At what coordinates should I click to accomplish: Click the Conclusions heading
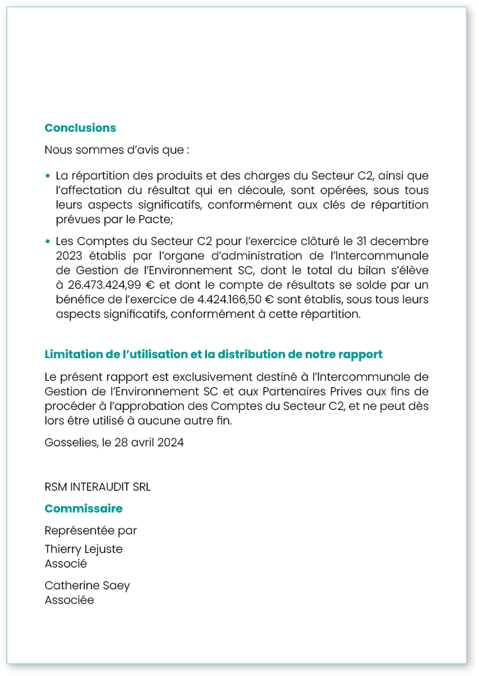pos(80,128)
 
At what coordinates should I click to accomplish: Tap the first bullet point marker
pos(48,176)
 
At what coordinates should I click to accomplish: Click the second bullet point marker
pos(48,241)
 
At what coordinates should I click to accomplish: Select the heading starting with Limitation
pos(213,354)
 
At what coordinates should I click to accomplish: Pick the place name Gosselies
pos(70,442)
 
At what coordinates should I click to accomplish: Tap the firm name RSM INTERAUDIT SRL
pos(97,487)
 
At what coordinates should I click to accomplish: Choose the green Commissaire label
pos(83,508)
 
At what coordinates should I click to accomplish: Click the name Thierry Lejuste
pos(83,549)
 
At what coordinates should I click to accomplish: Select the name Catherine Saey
pos(87,585)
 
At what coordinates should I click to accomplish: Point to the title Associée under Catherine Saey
pos(69,600)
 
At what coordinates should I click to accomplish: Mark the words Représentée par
pos(91,530)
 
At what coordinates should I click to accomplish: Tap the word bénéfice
pos(81,299)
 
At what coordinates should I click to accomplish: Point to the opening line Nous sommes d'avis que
pos(116,150)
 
